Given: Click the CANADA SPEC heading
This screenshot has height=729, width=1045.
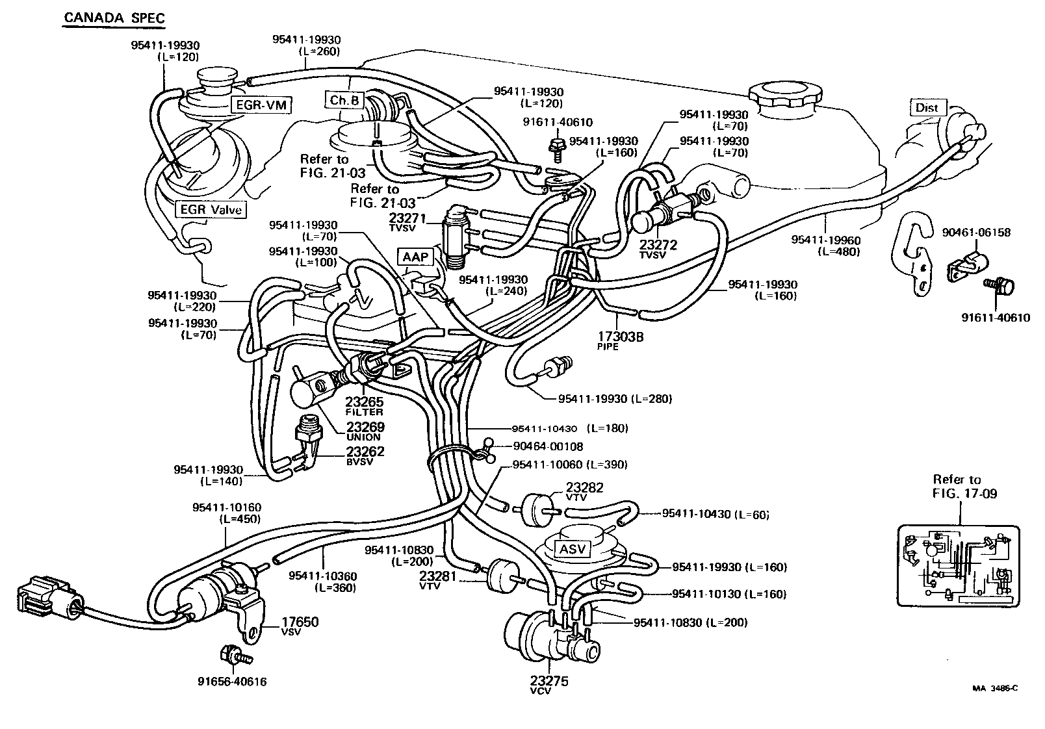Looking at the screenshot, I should [x=114, y=18].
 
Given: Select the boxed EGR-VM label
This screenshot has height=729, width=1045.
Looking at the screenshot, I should [x=260, y=105].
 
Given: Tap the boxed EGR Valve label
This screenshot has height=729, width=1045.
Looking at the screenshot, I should [x=211, y=209].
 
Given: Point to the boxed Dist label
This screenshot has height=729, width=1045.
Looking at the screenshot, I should [x=927, y=107].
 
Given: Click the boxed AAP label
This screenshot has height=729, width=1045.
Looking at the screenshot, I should [x=415, y=257].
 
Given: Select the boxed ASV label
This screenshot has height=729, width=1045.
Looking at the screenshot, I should [x=573, y=548].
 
